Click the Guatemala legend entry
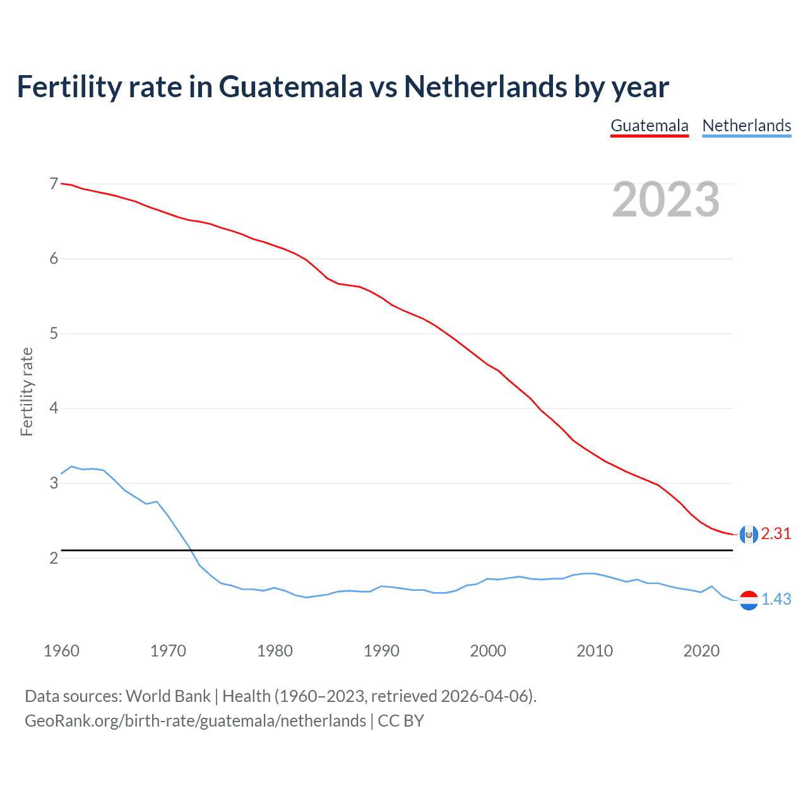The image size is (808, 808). click(649, 126)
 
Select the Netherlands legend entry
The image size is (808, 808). click(746, 126)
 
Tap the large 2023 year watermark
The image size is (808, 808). click(665, 199)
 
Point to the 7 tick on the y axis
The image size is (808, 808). click(54, 184)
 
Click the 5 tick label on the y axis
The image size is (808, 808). click(54, 333)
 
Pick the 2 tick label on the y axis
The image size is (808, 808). click(54, 558)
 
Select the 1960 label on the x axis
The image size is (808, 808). click(61, 651)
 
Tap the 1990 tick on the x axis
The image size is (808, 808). click(381, 651)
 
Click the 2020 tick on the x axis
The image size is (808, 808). click(701, 651)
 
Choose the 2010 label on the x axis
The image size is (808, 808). click(595, 651)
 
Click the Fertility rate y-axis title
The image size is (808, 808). click(27, 391)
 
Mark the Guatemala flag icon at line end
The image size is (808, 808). click(749, 534)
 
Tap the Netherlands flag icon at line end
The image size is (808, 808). click(749, 600)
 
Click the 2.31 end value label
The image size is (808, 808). click(776, 534)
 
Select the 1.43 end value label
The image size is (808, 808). click(776, 600)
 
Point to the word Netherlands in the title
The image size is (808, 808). click(485, 86)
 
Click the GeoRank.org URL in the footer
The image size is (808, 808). click(195, 721)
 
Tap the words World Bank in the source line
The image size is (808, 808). click(168, 696)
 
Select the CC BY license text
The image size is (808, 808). click(401, 721)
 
